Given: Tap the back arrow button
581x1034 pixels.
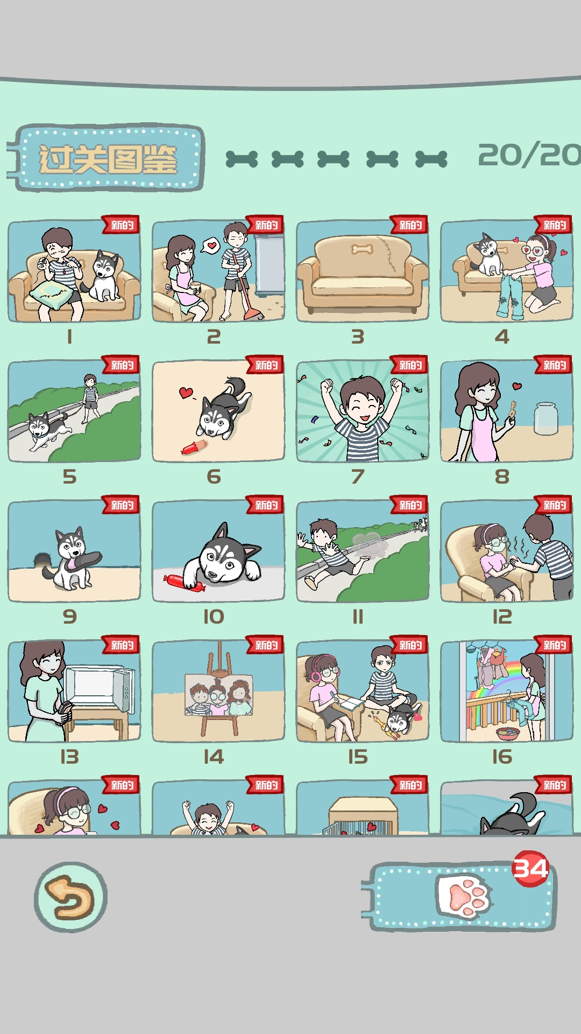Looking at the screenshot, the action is (70, 897).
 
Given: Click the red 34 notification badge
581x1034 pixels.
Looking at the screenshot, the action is (530, 868).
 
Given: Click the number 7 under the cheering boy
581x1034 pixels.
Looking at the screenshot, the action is (358, 477).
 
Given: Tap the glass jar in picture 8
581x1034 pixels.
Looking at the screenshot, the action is (545, 418).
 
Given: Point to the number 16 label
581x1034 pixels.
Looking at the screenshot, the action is (502, 757).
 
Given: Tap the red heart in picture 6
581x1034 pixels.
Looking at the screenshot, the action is (186, 392).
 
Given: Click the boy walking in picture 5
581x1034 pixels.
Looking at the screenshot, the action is (90, 397).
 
